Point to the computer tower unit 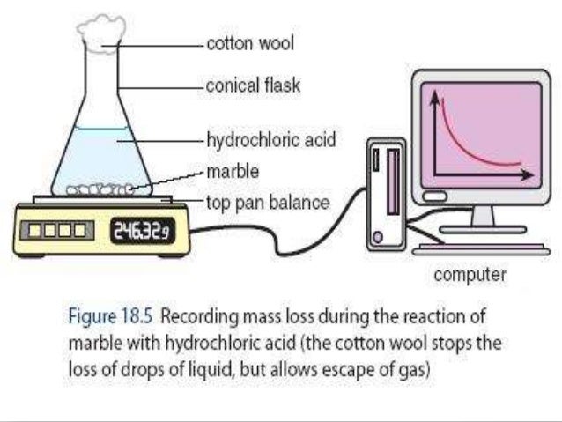(386, 196)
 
